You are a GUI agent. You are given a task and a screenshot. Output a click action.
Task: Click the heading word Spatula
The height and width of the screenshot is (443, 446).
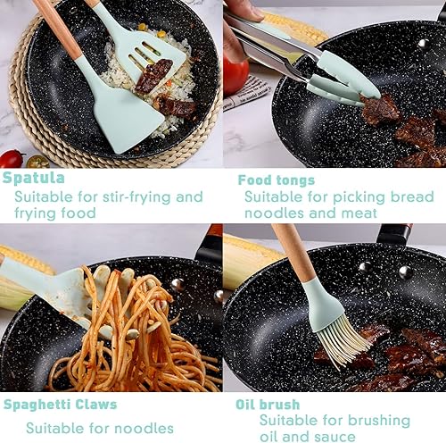[33, 178]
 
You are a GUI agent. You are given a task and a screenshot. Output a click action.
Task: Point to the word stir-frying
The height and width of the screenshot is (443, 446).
[136, 197]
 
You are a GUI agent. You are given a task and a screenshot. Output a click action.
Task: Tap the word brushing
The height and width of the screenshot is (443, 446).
[379, 421]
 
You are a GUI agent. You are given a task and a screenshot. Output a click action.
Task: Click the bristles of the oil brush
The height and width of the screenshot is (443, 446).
[342, 342]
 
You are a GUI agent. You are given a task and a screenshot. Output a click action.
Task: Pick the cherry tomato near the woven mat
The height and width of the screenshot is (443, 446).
[12, 159]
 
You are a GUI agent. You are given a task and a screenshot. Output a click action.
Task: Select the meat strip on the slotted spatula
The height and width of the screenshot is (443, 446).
[154, 75]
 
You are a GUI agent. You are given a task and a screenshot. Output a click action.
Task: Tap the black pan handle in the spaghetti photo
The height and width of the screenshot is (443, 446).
[208, 244]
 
